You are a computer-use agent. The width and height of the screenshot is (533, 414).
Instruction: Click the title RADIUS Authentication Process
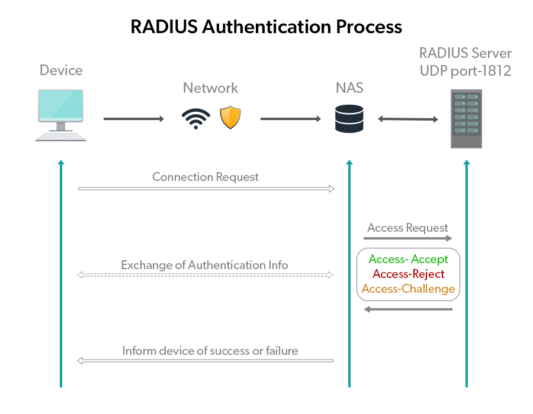pyautogui.click(x=266, y=27)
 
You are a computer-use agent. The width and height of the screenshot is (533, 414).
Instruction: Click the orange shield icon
pyautogui.click(x=230, y=118)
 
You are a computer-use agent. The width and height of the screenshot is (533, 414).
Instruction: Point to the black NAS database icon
pyautogui.click(x=349, y=119)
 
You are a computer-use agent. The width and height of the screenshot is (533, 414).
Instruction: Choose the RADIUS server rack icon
pyautogui.click(x=466, y=119)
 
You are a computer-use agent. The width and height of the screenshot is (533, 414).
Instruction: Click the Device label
pyautogui.click(x=61, y=70)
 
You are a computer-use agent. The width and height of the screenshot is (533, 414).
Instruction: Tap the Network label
pyautogui.click(x=210, y=88)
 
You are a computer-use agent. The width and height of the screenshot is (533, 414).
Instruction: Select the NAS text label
pyautogui.click(x=349, y=88)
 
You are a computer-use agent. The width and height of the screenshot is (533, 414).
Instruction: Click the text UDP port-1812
pyautogui.click(x=465, y=70)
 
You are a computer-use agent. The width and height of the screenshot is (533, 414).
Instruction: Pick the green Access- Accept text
pyautogui.click(x=408, y=259)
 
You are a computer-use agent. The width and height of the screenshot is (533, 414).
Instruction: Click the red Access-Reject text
pyautogui.click(x=408, y=274)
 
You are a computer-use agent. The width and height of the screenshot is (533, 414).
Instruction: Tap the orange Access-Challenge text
pyautogui.click(x=408, y=289)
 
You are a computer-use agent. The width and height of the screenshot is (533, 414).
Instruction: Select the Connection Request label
pyautogui.click(x=206, y=177)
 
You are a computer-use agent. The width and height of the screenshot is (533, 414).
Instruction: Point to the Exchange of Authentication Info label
pyautogui.click(x=204, y=265)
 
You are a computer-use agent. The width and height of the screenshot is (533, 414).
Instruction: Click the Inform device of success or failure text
pyautogui.click(x=210, y=351)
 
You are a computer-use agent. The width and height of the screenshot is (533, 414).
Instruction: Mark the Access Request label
pyautogui.click(x=407, y=228)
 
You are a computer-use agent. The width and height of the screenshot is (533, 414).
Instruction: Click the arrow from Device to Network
pyautogui.click(x=133, y=119)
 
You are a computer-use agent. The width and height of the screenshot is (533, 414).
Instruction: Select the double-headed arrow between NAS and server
pyautogui.click(x=408, y=119)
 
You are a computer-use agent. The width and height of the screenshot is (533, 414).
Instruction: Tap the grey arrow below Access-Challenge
pyautogui.click(x=408, y=309)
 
